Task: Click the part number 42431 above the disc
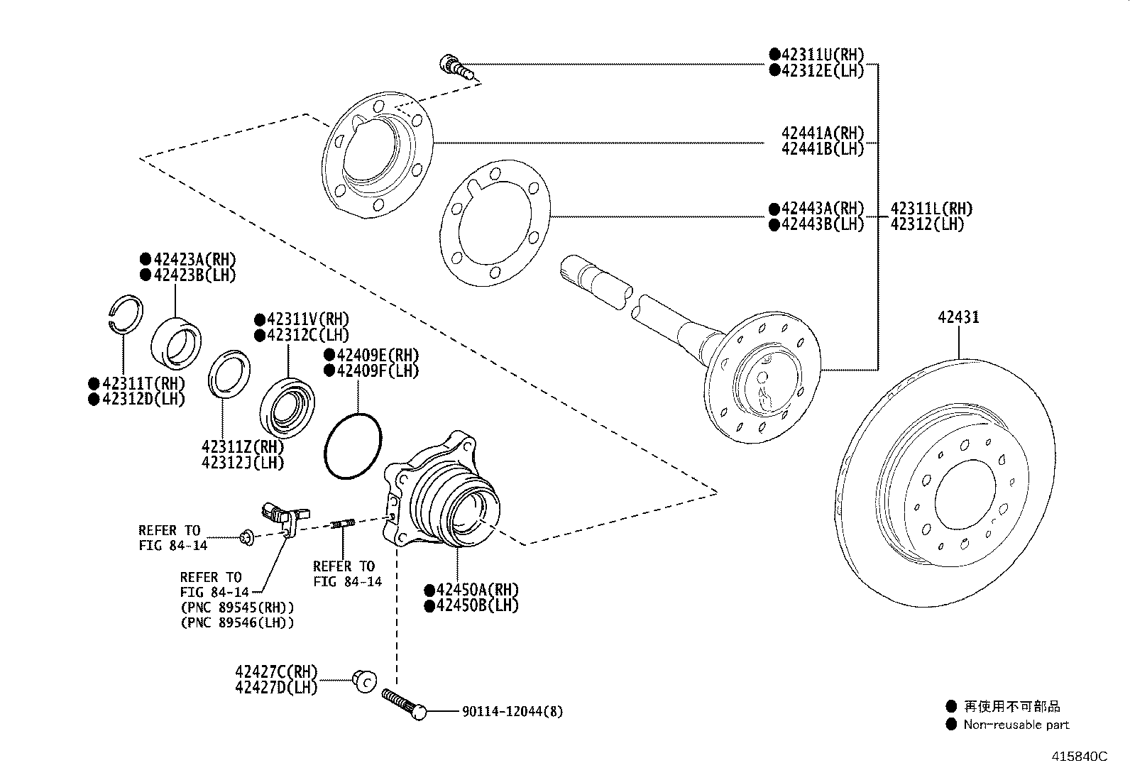click(958, 317)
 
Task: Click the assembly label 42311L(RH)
click(931, 209)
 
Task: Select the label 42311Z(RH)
click(242, 447)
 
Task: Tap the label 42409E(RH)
click(375, 355)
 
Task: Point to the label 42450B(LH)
click(476, 605)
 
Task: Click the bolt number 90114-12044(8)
click(512, 710)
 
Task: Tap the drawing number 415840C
click(1079, 757)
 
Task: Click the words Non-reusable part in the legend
click(1016, 725)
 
